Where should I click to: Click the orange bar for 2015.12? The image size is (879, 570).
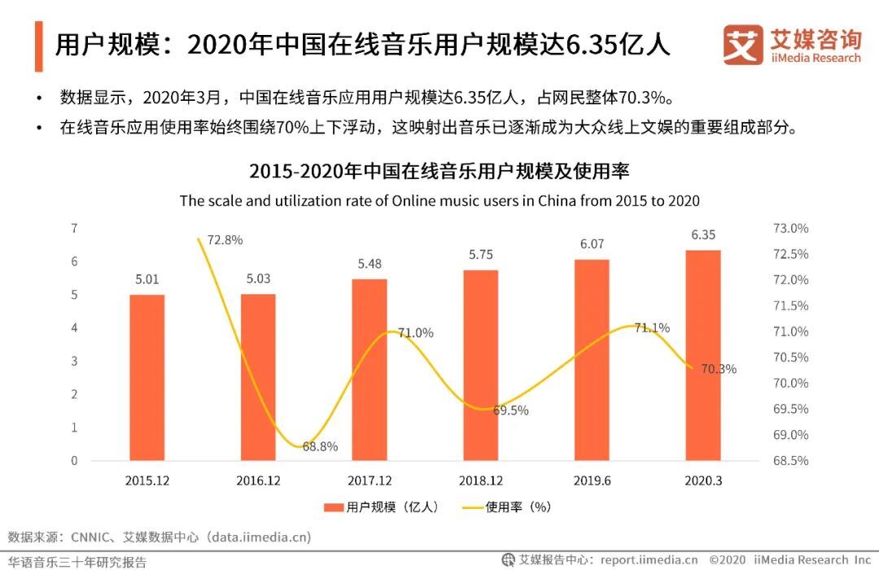click(x=147, y=377)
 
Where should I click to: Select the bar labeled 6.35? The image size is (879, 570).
click(x=702, y=355)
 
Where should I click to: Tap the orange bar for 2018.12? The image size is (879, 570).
click(x=480, y=365)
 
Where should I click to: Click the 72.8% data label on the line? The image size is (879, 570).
click(x=225, y=240)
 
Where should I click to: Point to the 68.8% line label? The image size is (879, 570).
click(x=319, y=446)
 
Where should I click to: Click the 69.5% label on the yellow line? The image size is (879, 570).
click(x=510, y=411)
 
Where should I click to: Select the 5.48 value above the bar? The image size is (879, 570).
click(x=369, y=263)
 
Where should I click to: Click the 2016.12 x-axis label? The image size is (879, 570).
click(x=258, y=481)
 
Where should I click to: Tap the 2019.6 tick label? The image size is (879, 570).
click(x=592, y=481)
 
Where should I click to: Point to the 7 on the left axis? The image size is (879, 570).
click(x=74, y=228)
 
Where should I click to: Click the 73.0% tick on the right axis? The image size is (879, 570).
click(x=789, y=228)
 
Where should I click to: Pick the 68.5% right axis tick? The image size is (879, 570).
click(x=789, y=460)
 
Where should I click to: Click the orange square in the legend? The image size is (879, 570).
click(x=333, y=507)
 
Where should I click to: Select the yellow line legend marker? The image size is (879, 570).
click(x=472, y=507)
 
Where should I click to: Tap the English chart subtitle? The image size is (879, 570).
click(x=439, y=201)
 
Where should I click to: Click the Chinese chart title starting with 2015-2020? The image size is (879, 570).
click(x=439, y=172)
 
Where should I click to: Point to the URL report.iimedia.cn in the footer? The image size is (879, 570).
click(x=649, y=559)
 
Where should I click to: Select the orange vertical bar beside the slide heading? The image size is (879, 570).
click(x=38, y=46)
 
